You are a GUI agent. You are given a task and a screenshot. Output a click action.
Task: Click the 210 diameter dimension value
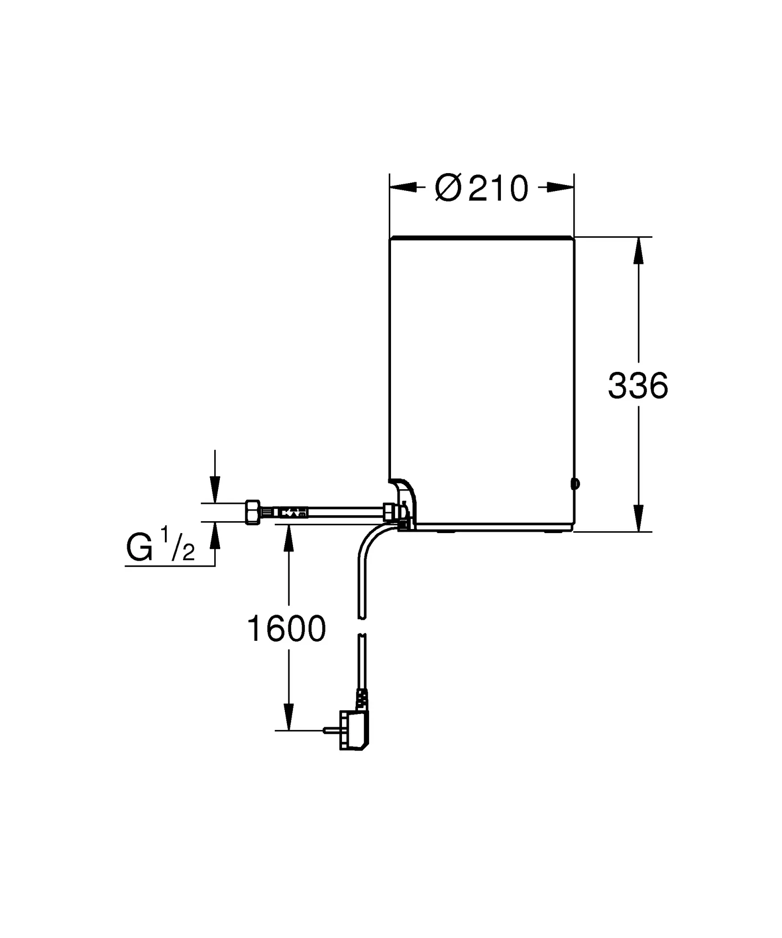pyautogui.click(x=499, y=189)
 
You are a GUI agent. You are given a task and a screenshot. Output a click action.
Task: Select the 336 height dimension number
pyautogui.click(x=638, y=386)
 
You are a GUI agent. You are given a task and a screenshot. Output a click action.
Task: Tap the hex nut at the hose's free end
pyautogui.click(x=253, y=512)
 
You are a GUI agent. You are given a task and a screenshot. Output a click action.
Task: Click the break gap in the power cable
pyautogui.click(x=362, y=626)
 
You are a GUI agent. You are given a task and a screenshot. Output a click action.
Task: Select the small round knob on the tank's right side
pyautogui.click(x=575, y=483)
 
